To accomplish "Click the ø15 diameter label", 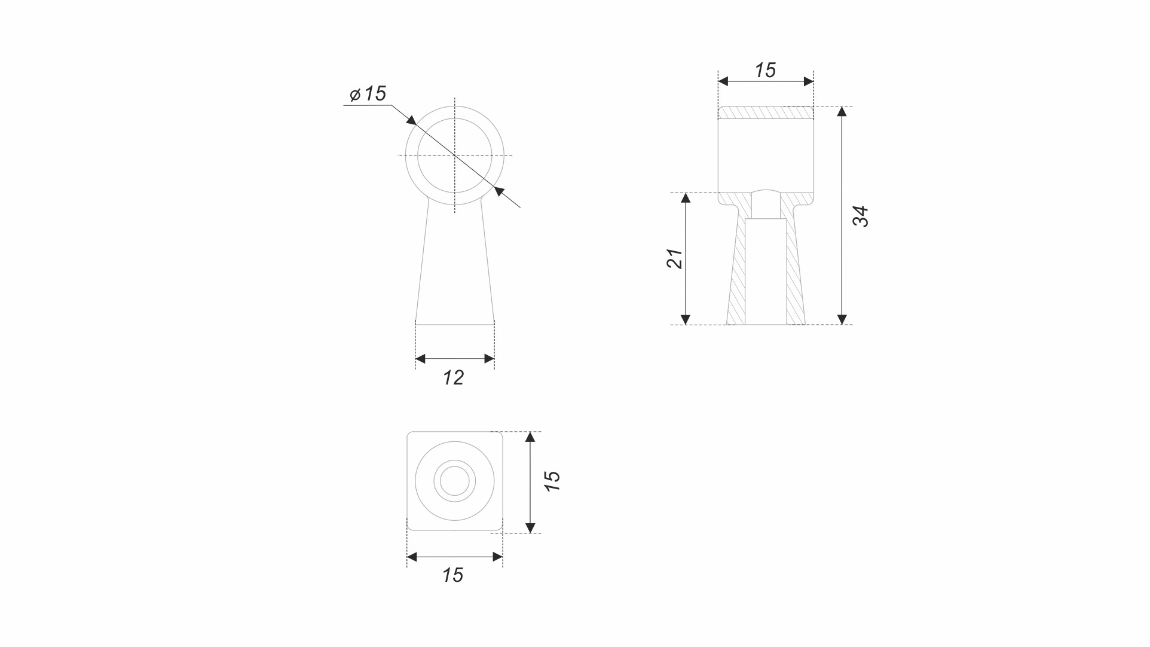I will [x=368, y=94].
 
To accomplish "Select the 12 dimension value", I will [x=454, y=378].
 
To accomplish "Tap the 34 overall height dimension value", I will [x=861, y=216].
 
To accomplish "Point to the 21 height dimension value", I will [x=675, y=259].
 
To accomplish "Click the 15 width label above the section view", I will [x=765, y=71].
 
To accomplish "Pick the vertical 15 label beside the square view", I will [x=552, y=481].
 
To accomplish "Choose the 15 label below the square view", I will [x=453, y=575].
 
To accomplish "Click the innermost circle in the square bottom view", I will [x=455, y=481].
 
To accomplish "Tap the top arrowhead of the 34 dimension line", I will [x=842, y=111].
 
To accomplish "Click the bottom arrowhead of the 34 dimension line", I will [x=842, y=320].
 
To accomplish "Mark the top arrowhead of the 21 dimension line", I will [x=686, y=197].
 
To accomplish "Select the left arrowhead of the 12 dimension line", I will [x=420, y=359].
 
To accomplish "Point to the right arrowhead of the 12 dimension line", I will [x=490, y=359].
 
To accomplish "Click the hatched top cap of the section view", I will [x=766, y=112].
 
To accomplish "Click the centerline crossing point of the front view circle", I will [x=455, y=155].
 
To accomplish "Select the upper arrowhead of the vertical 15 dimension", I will [x=530, y=437].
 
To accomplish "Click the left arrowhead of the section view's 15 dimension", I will [x=723, y=81].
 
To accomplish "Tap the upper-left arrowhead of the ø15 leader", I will [x=411, y=120].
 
